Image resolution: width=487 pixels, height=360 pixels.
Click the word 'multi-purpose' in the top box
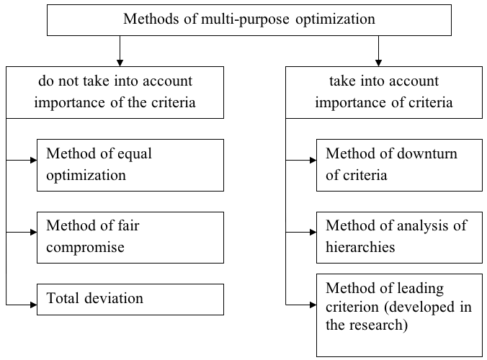pos(245,19)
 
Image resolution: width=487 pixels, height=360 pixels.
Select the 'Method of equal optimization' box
pos(130,165)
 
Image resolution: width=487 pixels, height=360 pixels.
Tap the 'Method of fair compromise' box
pos(130,238)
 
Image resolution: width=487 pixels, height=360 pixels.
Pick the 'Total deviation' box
pos(130,300)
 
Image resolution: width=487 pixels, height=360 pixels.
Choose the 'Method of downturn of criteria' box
pos(399,165)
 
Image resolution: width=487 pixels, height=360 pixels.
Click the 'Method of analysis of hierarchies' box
pos(399,238)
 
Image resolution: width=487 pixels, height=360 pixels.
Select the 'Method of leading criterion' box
pos(399,315)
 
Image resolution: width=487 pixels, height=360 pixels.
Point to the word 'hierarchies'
pos(360,247)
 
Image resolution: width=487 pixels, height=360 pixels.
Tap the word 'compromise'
pos(86,248)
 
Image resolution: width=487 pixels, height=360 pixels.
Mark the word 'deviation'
pos(114,298)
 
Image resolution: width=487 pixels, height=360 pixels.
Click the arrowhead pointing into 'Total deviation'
pos(34,305)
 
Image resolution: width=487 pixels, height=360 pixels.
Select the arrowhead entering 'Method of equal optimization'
pos(34,160)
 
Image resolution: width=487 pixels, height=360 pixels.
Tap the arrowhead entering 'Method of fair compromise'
pos(34,232)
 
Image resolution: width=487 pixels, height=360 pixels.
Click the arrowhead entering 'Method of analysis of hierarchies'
pos(313,232)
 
